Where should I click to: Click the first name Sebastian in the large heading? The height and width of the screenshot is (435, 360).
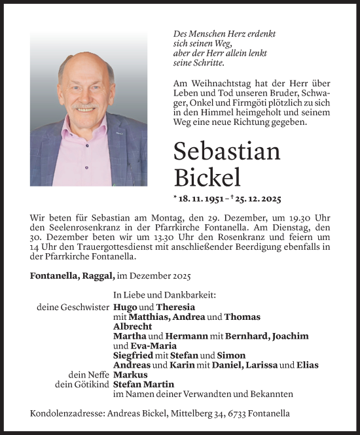227,151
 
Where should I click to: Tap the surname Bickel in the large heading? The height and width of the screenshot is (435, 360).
207,177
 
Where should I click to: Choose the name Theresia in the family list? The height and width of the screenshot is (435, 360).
175,307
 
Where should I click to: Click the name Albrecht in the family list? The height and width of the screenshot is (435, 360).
133,326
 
